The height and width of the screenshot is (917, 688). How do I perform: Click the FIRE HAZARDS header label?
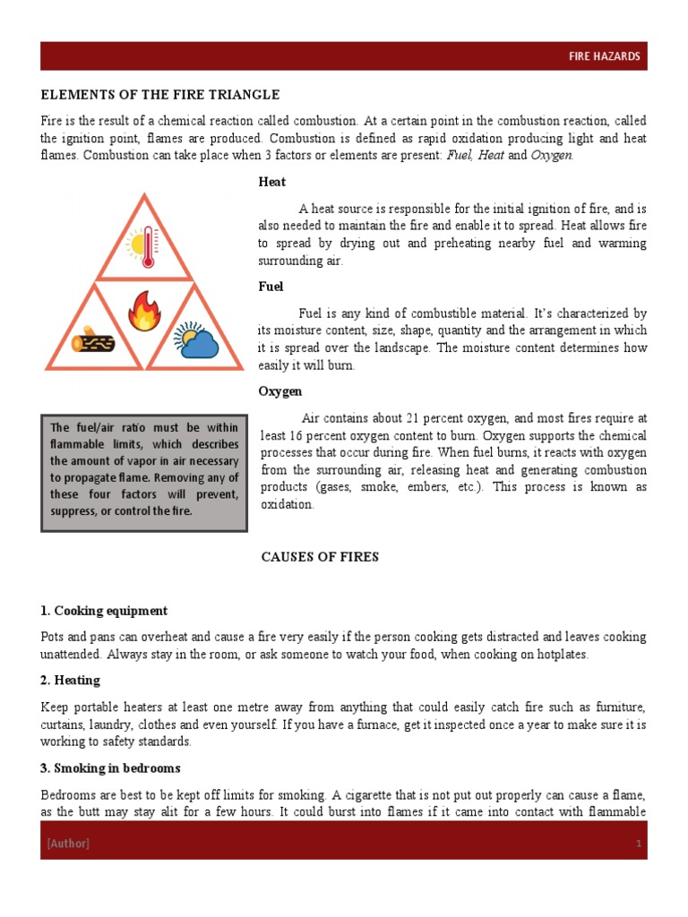tap(604, 56)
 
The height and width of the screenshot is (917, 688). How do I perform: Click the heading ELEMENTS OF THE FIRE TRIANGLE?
tap(160, 95)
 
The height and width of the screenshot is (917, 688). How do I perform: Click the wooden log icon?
tap(93, 340)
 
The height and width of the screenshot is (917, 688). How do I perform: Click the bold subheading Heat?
tap(272, 182)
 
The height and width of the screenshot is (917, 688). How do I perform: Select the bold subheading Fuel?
tap(271, 287)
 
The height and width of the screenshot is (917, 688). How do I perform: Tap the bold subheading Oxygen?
tap(280, 391)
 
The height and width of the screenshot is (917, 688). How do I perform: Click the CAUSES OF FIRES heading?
tap(320, 557)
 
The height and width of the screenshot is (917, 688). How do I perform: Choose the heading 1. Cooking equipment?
tap(104, 611)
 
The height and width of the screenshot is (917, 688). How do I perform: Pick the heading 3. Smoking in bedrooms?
tap(110, 768)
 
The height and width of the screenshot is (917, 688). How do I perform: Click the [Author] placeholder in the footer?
tap(68, 844)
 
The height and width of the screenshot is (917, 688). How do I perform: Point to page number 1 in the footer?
tap(639, 844)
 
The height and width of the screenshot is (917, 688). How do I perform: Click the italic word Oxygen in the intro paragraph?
tap(551, 155)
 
